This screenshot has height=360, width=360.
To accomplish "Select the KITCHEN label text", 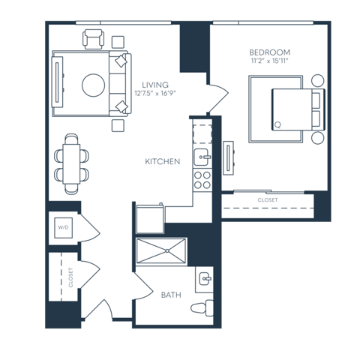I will click(162, 161).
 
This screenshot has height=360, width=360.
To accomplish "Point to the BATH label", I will click(171, 295).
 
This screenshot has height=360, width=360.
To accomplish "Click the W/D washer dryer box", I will click(63, 227).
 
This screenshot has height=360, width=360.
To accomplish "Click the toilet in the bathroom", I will click(201, 308).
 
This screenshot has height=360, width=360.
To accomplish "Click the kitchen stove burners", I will click(202, 178).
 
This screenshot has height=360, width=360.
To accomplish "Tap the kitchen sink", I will click(201, 156).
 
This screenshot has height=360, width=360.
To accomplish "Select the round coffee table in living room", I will click(94, 85).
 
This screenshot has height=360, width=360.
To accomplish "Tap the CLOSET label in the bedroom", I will click(267, 200).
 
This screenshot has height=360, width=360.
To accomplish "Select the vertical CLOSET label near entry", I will click(70, 277).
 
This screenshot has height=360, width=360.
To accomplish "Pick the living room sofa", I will click(119, 85).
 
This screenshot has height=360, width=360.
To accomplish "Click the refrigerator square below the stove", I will click(149, 219).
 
